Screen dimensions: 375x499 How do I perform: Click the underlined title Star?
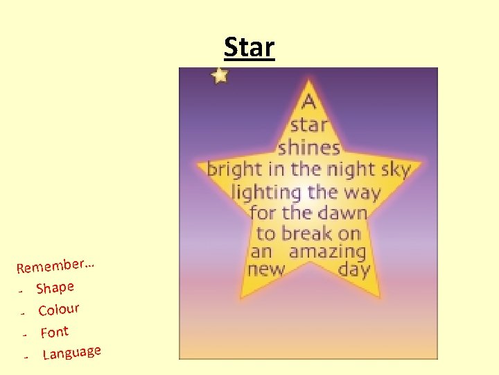[249, 47]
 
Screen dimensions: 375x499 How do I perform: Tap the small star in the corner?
[220, 75]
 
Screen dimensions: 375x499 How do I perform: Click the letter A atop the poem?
[309, 102]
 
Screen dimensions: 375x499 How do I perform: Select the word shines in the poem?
[309, 147]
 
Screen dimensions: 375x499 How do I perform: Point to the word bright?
[235, 169]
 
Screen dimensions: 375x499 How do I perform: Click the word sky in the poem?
[396, 169]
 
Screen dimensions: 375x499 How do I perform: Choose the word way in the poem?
[361, 192]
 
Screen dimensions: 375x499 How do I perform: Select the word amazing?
[327, 251]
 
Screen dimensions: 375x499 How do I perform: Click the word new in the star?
[266, 269]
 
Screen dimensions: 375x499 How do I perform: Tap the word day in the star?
[354, 270]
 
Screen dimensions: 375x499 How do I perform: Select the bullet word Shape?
[55, 287]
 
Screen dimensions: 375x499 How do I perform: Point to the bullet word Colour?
[59, 308]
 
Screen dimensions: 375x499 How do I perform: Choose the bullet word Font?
[54, 332]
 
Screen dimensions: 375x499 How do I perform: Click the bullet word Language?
[72, 353]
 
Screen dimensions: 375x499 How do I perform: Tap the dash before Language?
[26, 356]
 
